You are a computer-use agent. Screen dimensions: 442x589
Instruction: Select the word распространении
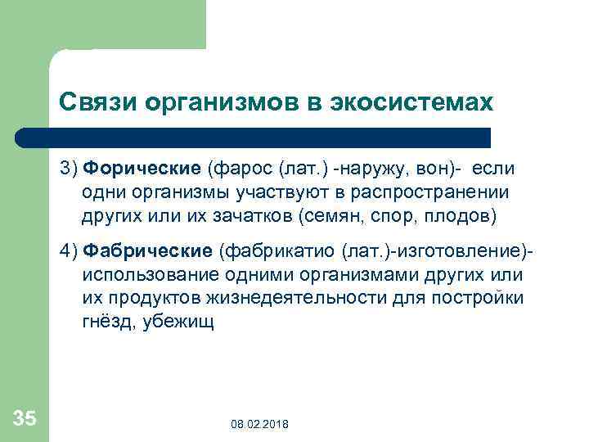click(x=434, y=192)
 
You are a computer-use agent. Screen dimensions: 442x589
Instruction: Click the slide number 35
click(x=25, y=419)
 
